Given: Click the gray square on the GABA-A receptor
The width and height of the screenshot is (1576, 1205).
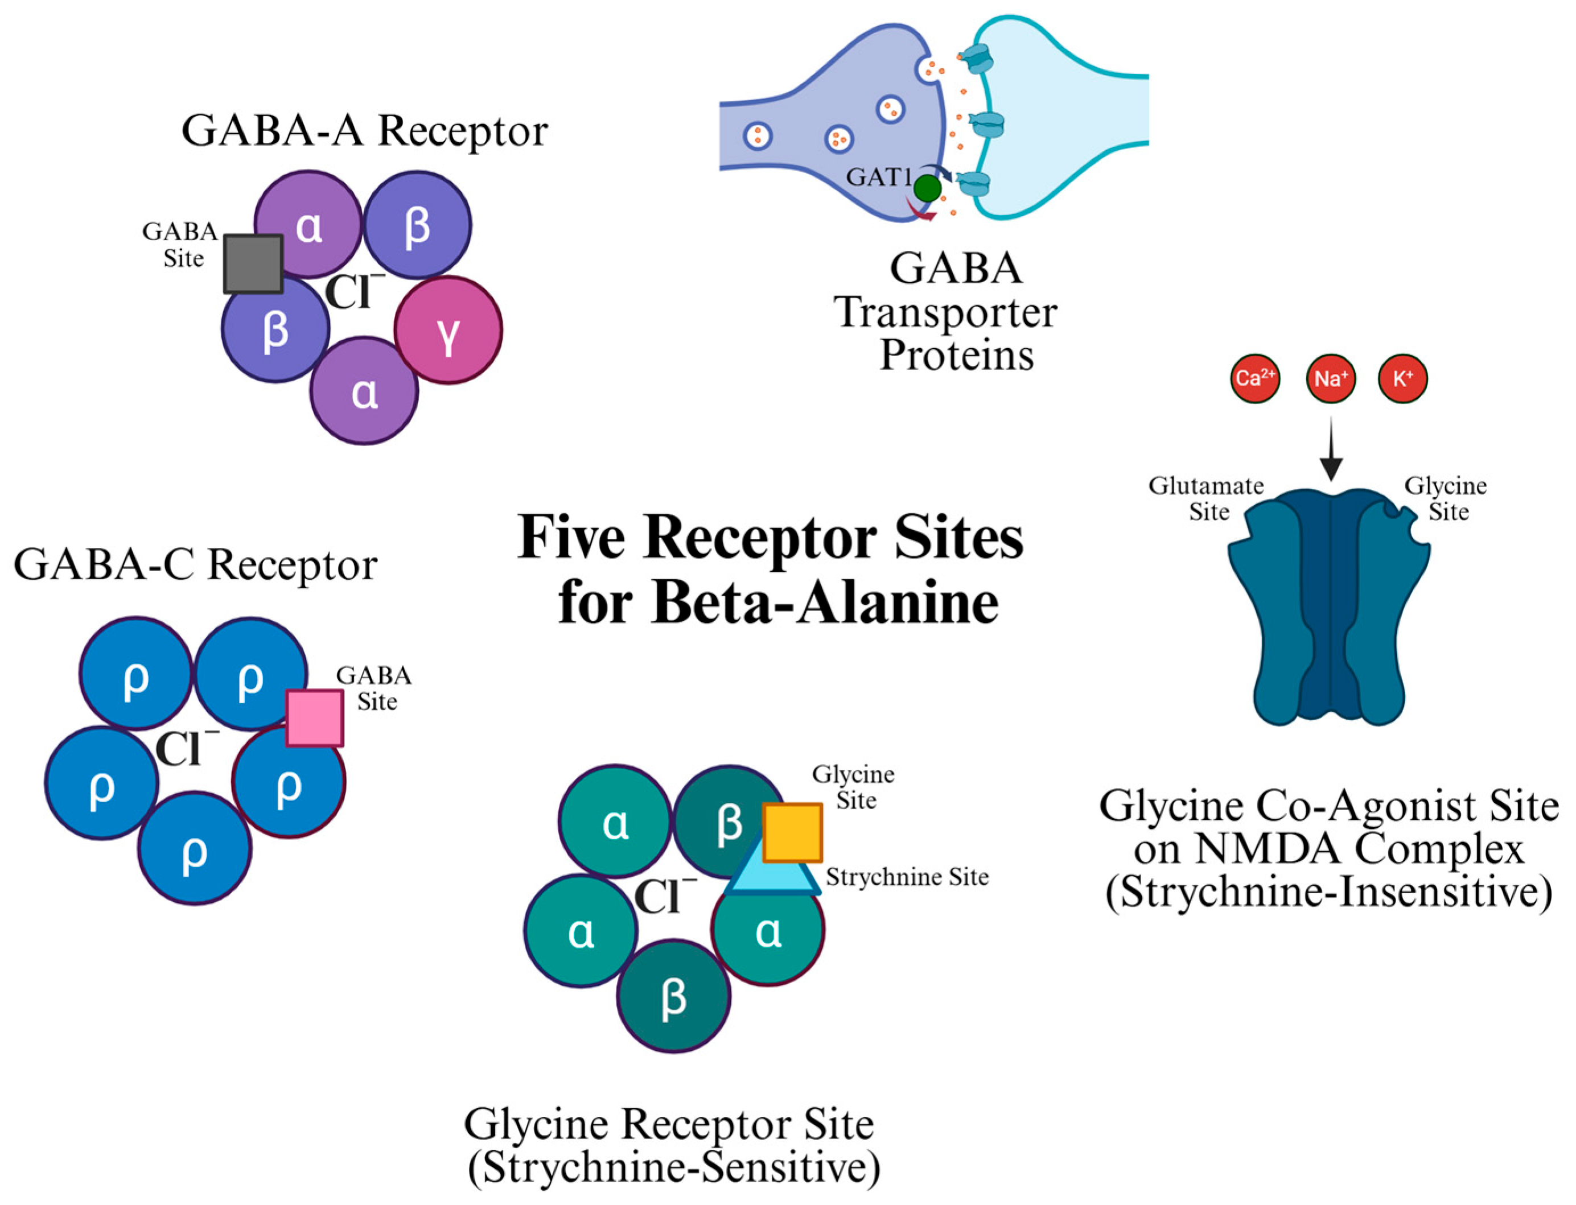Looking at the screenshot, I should (253, 263).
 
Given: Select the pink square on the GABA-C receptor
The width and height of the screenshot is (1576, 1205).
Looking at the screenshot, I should (314, 718).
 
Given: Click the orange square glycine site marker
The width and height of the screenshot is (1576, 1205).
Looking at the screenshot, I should (792, 832).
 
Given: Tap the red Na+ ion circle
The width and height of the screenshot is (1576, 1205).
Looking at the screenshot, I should (1331, 378).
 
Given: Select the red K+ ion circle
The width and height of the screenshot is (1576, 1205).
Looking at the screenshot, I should (1402, 378).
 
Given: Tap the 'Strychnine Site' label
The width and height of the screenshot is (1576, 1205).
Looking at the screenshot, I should (907, 877).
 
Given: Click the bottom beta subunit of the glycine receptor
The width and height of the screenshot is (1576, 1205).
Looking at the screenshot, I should (673, 996).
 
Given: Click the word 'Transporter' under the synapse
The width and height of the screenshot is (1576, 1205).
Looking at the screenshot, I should (945, 313).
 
